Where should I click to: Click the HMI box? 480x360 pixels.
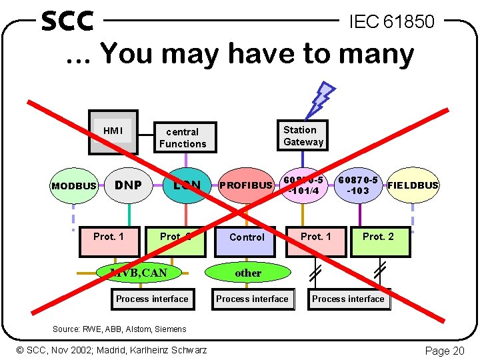113,131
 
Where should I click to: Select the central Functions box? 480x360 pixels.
183,138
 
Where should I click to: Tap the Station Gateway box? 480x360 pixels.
303,135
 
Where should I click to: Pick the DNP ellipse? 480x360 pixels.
129,185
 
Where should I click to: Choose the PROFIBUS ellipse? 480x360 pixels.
246,185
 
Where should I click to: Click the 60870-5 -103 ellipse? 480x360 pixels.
359,185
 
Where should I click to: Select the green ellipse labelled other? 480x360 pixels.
248,273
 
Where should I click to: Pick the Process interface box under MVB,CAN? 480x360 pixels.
152,299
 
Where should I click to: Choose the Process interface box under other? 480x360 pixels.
253,299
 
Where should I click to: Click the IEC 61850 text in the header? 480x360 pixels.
392,22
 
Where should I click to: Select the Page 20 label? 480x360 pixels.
445,351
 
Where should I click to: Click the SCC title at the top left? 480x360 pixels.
67,21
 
